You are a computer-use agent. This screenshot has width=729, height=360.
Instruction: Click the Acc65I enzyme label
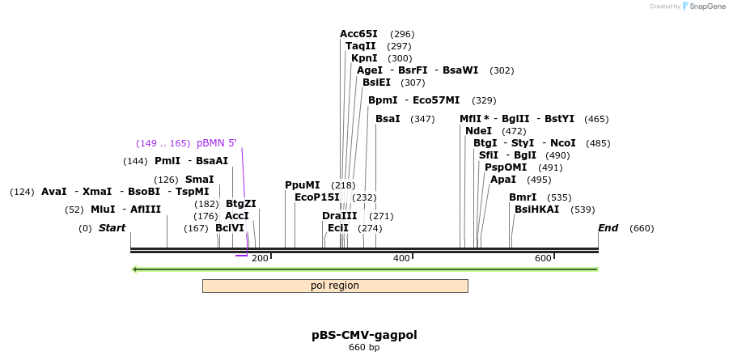coord(358,34)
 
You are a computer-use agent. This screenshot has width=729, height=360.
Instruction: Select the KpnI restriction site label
coord(364,58)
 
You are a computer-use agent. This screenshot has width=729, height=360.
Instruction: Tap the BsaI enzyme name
coord(388,119)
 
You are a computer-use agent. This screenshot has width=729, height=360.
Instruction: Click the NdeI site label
coord(478,131)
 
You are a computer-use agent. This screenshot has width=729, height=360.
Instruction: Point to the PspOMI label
coord(506,167)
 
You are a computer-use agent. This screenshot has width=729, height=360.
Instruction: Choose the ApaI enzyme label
coord(503,180)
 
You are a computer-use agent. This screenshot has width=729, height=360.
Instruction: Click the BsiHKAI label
coord(536,210)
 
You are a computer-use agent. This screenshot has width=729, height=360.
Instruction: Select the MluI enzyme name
coord(103,210)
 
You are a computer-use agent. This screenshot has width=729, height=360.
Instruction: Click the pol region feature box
coord(335,286)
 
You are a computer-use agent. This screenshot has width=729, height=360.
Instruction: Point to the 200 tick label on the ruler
coord(260,258)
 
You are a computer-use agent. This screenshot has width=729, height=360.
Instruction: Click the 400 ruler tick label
coord(401,258)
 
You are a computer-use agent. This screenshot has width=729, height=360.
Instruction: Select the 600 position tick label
coord(543,258)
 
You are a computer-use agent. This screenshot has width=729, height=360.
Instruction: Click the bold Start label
coord(112,228)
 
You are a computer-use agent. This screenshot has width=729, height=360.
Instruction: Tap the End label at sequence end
coord(608,228)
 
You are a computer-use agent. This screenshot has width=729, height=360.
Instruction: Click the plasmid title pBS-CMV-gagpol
coord(364,335)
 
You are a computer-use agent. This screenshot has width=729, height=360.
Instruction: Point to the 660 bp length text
coord(364,348)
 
